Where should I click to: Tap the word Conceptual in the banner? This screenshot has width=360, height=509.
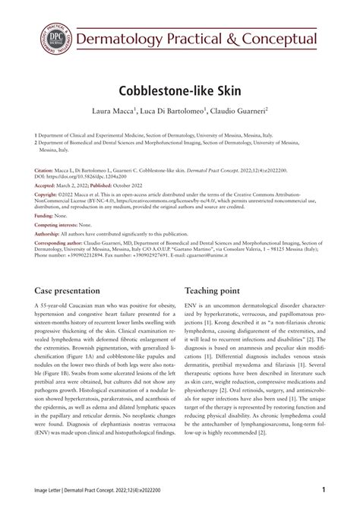click(274, 38)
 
